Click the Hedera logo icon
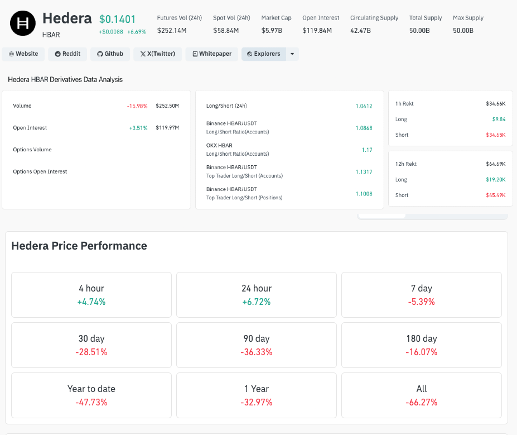23,23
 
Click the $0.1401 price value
117,20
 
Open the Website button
23,54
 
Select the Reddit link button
67,54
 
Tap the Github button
109,54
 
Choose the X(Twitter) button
157,54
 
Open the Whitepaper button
212,54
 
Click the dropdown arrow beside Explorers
292,54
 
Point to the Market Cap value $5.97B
272,30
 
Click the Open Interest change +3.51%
138,128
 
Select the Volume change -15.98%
137,106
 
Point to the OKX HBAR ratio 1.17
367,150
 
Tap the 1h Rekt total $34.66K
495,104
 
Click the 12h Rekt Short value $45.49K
496,195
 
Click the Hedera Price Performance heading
79,246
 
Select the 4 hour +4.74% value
91,302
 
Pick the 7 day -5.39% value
421,302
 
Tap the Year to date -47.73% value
91,403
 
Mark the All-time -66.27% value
421,403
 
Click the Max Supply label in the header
468,18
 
